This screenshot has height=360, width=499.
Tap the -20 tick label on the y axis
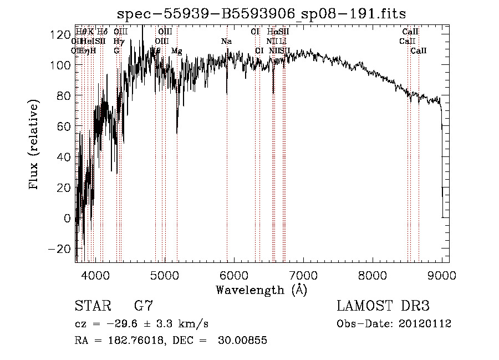coord(58,249)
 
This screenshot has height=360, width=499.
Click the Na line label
coord(226,42)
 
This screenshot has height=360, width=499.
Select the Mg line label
coord(176,51)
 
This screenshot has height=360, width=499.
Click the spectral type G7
coord(144,306)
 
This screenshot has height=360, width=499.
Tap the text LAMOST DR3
coord(383,306)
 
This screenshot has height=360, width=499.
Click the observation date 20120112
coord(427,324)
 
